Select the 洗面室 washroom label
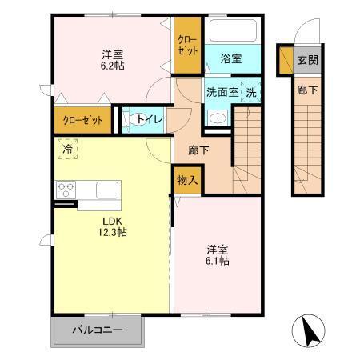pos(222,91)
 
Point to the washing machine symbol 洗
pos(250,92)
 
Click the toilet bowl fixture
pos(130,120)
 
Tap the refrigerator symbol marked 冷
pos(68,149)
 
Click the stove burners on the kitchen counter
pos(66,190)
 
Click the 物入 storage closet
pos(186,181)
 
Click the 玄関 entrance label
pos(308,59)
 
